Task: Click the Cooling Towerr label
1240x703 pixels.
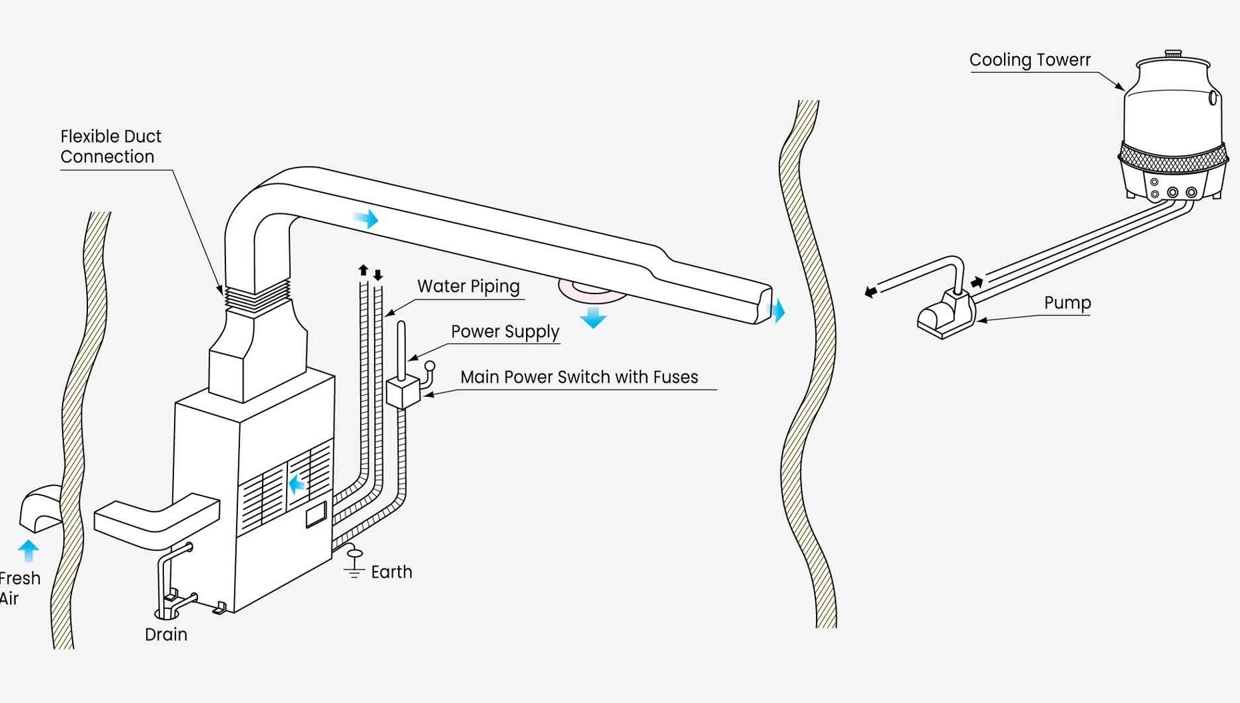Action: click(1030, 60)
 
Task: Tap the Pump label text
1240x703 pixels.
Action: click(1067, 303)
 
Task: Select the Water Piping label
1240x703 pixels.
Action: click(468, 286)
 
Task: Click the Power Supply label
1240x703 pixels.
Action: click(505, 331)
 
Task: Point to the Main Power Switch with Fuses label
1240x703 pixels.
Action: click(579, 377)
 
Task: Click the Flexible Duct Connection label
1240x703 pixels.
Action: click(111, 146)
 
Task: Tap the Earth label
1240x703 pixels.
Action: click(391, 572)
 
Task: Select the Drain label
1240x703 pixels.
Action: click(166, 634)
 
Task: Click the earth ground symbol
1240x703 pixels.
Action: click(354, 564)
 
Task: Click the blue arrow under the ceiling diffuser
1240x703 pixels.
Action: click(593, 317)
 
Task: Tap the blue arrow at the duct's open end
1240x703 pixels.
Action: click(777, 311)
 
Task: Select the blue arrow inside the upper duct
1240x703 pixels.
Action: click(366, 218)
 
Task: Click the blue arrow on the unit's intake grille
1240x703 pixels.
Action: click(297, 484)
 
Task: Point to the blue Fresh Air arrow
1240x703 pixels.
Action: click(28, 551)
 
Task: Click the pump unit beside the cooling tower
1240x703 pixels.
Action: click(945, 313)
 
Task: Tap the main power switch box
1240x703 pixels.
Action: click(403, 392)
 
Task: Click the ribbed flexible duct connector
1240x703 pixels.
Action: click(257, 297)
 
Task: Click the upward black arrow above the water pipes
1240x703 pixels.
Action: click(363, 270)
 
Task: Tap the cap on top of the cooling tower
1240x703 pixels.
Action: click(1173, 53)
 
